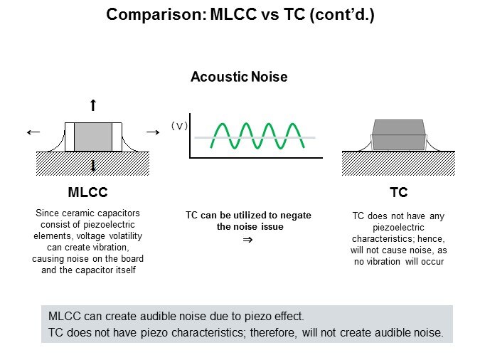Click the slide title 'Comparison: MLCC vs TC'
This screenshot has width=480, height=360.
(x=240, y=14)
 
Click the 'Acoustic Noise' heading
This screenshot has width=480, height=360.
(x=239, y=77)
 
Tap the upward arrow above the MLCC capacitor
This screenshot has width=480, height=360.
(x=93, y=106)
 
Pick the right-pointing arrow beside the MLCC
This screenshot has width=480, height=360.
(x=151, y=132)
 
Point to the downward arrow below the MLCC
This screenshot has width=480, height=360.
(x=93, y=166)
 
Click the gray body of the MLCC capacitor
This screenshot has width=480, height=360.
(x=93, y=136)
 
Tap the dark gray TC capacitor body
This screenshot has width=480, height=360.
(x=398, y=135)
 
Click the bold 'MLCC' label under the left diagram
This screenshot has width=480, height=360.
(x=87, y=193)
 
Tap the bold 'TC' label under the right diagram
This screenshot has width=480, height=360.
(x=398, y=193)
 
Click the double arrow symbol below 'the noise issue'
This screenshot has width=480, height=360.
(x=247, y=240)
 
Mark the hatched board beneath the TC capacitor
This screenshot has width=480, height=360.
(x=398, y=164)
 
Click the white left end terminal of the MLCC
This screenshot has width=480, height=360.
(x=70, y=136)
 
